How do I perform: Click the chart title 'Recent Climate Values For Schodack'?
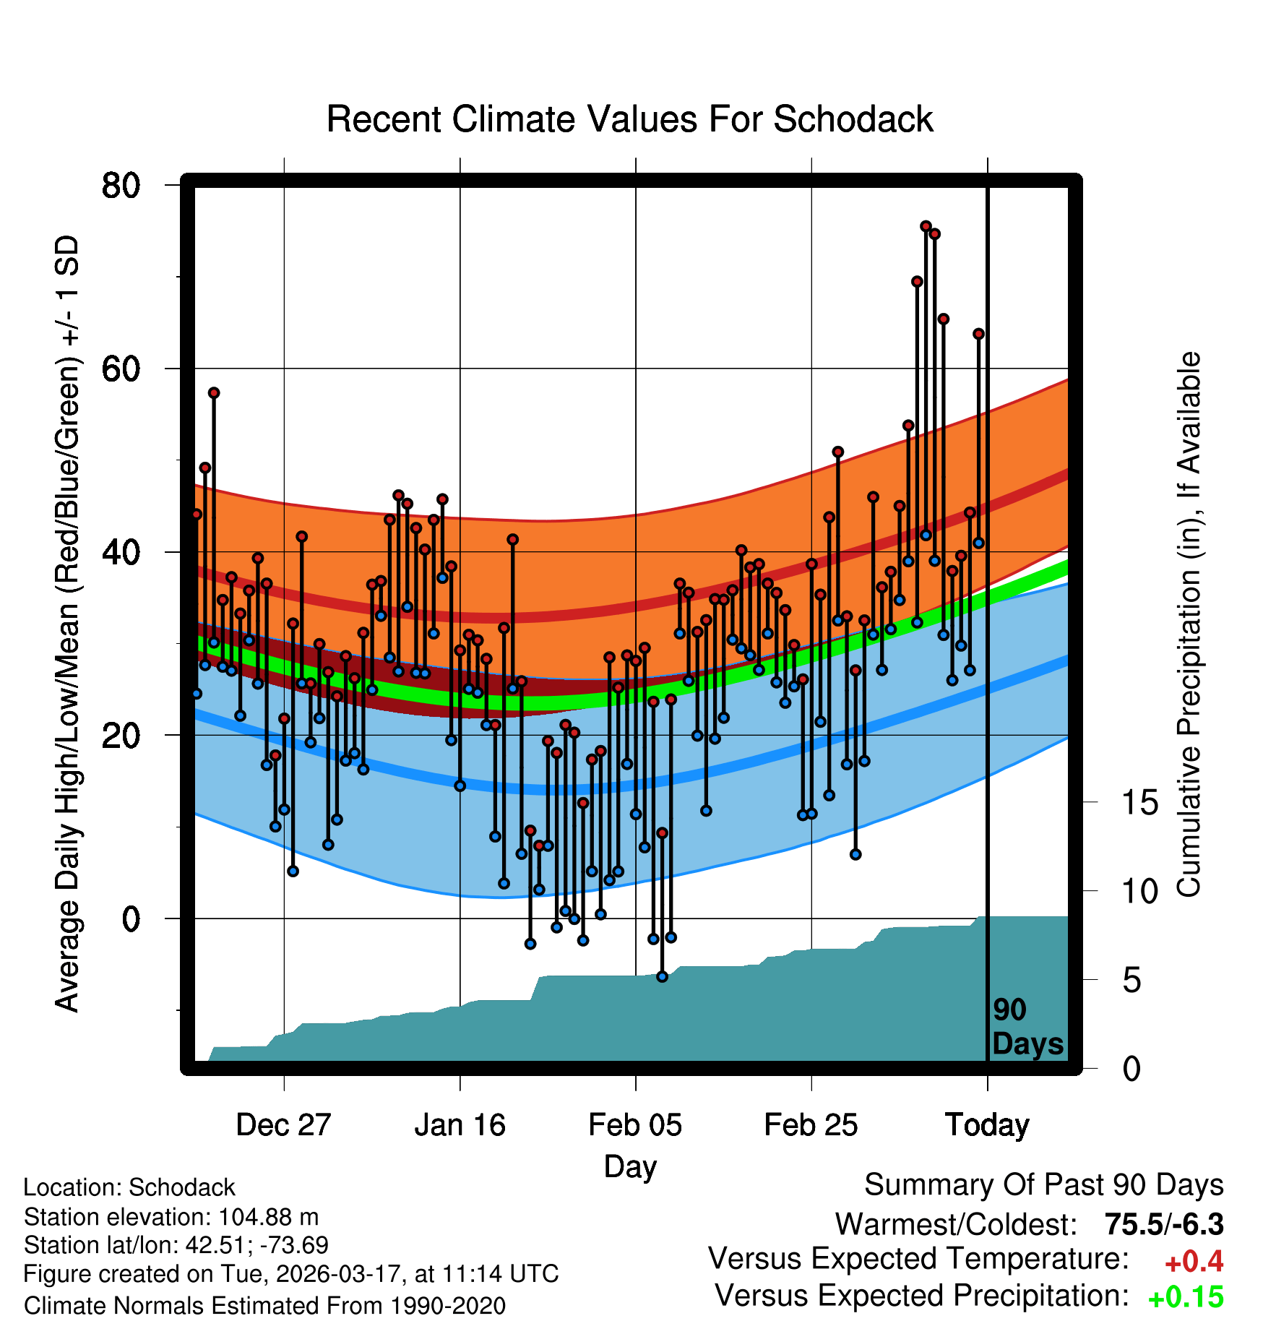coord(629,119)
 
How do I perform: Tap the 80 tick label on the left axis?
coord(121,186)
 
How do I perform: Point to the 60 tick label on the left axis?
coord(121,369)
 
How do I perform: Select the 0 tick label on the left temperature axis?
coord(131,919)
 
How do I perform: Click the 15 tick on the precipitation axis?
coord(1139,803)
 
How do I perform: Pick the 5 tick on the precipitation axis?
coord(1131,981)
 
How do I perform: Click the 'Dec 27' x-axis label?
coord(283,1125)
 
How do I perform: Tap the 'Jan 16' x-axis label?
coord(460,1125)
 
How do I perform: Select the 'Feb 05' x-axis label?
coord(635,1125)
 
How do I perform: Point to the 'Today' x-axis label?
coord(987,1125)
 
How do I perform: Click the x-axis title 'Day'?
coord(630,1166)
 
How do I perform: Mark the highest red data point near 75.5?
coord(926,226)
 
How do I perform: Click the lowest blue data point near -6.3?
coord(662,976)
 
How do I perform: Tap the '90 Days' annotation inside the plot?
coord(1027,1027)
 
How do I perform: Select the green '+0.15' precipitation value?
coord(1186,1298)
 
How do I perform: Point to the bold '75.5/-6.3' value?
coord(1164,1224)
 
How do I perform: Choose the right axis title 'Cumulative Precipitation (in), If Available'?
coord(1189,624)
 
